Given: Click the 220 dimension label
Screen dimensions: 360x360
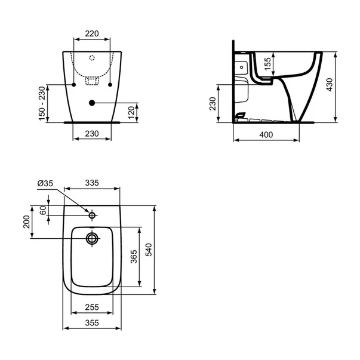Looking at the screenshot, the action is (x=92, y=33).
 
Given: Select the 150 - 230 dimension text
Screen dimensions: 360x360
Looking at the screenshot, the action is (x=42, y=103).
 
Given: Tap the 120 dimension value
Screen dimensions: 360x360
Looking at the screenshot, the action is (x=131, y=112).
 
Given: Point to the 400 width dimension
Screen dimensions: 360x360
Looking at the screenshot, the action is (x=266, y=134).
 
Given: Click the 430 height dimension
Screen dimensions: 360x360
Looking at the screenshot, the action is (x=330, y=85).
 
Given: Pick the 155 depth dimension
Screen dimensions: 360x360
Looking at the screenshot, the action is (x=267, y=64).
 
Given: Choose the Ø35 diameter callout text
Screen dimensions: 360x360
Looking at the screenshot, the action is (x=45, y=183).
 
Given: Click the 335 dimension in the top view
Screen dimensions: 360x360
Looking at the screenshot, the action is (x=92, y=183).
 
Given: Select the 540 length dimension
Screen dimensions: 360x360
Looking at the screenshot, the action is (x=149, y=250).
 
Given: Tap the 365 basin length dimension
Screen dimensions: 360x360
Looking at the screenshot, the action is (x=134, y=257).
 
